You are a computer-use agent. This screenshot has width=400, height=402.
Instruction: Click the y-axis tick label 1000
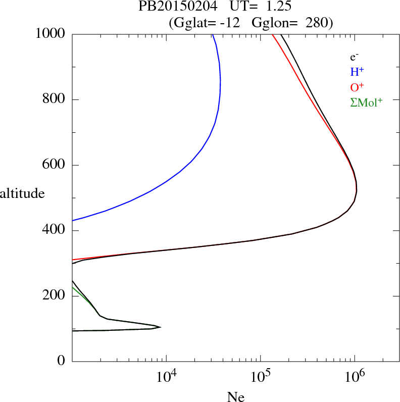click(x=51, y=34)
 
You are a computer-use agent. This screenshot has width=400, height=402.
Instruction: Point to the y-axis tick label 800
click(x=55, y=99)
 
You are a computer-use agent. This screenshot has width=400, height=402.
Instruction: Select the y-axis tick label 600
click(x=55, y=165)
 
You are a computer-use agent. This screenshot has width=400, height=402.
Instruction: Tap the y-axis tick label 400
click(x=55, y=231)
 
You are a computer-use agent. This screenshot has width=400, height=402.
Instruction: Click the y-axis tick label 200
click(x=55, y=296)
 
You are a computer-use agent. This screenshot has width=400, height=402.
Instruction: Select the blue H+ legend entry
click(x=357, y=72)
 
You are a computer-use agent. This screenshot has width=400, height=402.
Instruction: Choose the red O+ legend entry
click(x=358, y=87)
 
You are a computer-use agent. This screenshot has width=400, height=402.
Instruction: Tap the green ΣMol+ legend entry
click(x=366, y=102)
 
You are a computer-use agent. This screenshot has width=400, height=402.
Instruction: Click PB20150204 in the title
click(x=171, y=7)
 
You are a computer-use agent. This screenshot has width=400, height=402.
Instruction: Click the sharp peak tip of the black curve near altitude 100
click(x=160, y=327)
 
